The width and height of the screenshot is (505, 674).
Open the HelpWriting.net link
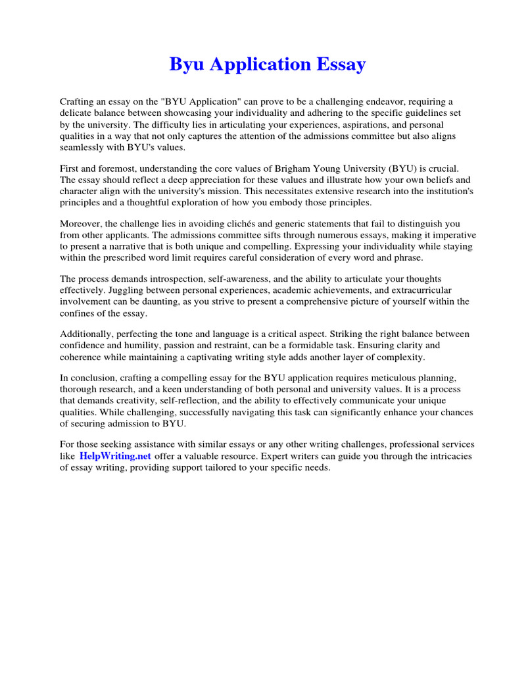[115, 455]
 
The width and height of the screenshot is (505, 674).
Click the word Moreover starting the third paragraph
[80, 223]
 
